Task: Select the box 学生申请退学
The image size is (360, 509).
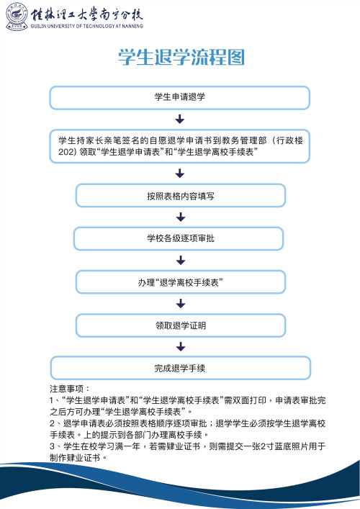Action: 180,97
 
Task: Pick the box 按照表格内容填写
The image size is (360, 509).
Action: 180,195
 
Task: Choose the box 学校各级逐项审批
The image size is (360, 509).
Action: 180,238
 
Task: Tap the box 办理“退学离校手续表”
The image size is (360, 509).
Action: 180,282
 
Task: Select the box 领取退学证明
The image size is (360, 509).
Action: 180,325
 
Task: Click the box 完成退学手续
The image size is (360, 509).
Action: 180,369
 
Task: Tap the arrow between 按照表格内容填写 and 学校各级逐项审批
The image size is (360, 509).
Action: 180,217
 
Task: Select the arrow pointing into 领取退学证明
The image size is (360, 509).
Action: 180,304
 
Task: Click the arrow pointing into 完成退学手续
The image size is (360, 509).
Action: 180,347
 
